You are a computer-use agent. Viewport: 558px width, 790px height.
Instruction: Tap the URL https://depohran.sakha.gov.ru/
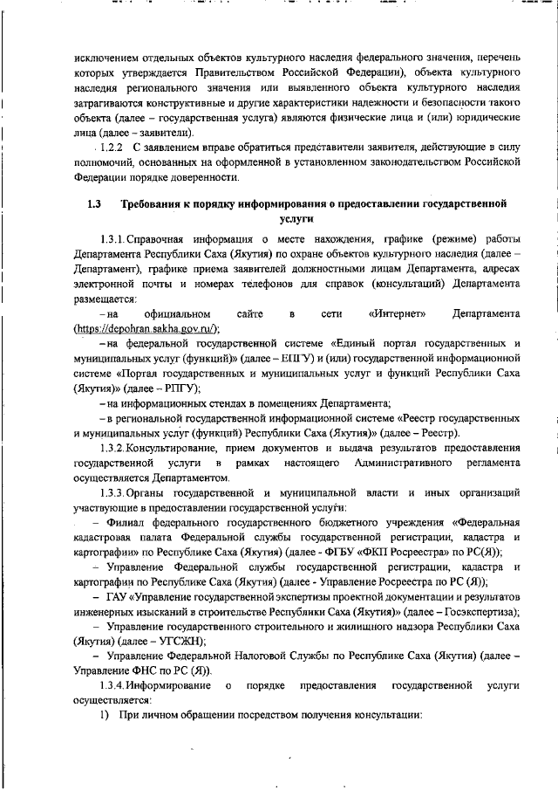tap(146, 328)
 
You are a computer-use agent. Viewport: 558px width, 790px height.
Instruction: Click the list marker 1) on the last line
tap(103, 716)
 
